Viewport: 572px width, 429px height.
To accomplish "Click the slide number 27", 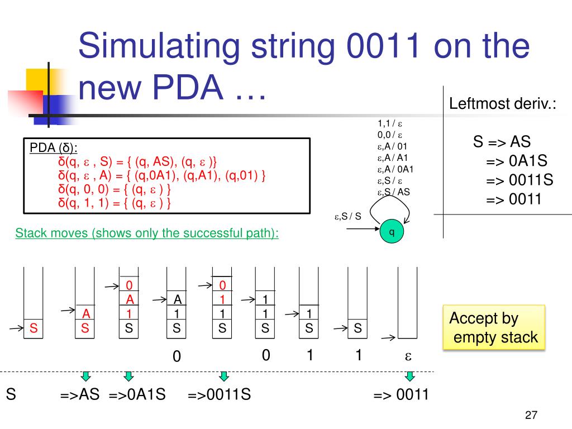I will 531,415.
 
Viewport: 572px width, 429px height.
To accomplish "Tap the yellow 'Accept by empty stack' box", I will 493,327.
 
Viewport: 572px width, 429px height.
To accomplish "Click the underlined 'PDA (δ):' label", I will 54,148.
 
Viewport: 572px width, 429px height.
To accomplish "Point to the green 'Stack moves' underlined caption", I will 147,233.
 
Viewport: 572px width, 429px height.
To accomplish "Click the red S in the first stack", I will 34,329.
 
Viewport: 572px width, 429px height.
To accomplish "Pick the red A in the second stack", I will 85,314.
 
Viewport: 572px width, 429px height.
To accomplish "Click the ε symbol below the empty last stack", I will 408,356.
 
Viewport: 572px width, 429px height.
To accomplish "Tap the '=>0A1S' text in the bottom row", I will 137,395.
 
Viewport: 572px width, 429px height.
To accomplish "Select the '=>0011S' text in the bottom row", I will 219,395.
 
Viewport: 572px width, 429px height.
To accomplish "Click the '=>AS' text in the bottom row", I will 80,395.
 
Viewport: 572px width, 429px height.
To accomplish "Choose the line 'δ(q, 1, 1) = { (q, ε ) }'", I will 115,202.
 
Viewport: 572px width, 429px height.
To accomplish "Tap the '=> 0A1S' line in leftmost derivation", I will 516,161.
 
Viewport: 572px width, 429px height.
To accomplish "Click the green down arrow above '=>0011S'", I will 224,375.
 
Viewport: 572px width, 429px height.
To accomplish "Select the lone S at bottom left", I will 11,395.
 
